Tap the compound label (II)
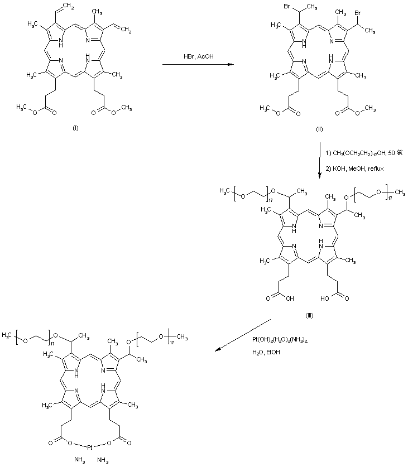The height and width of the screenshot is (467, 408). pos(320,129)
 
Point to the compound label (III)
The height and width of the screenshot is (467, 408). pos(309,315)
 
